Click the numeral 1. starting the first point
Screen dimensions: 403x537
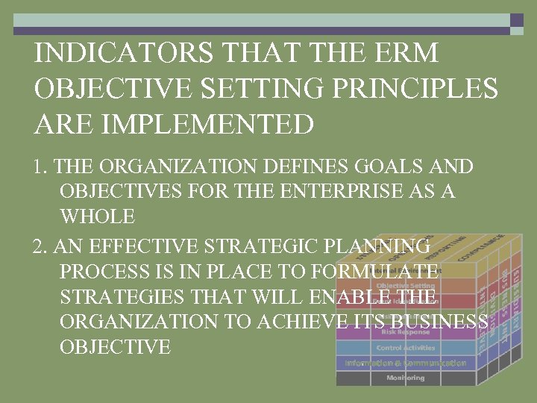point(42,166)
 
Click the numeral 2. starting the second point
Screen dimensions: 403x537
point(42,246)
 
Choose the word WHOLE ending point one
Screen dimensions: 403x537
point(97,217)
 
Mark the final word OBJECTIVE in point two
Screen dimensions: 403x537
point(115,347)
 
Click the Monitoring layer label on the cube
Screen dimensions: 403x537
point(405,378)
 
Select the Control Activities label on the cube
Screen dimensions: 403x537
point(405,348)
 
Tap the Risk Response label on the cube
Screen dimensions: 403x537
point(405,332)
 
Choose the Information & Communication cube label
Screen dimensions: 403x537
point(405,363)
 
